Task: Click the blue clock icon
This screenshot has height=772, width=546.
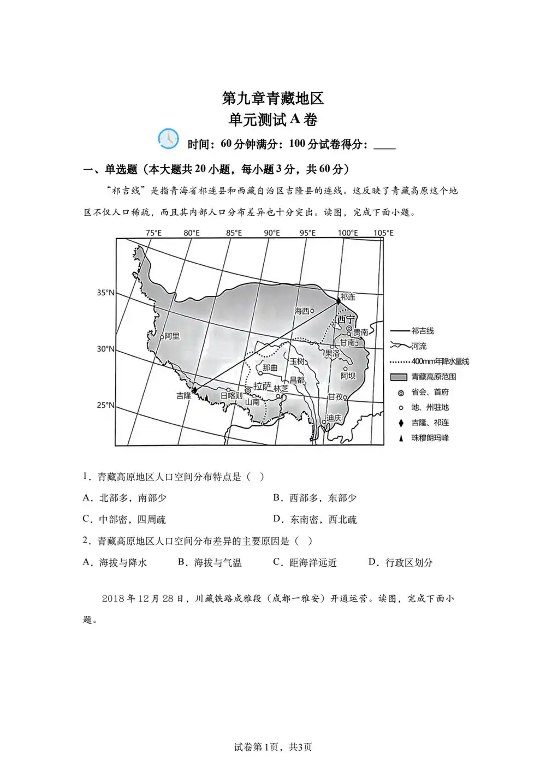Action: click(168, 139)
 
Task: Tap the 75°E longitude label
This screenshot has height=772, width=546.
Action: click(153, 233)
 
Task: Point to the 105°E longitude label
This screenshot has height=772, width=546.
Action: click(383, 233)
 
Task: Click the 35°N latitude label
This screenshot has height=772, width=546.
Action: click(106, 293)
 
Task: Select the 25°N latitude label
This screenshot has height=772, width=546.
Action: click(106, 405)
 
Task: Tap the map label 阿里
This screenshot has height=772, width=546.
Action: click(172, 336)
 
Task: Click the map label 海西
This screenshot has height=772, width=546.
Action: click(302, 311)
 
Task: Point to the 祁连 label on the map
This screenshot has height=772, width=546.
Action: click(348, 297)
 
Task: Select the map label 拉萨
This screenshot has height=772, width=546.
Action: click(262, 387)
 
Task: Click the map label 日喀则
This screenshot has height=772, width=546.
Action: click(232, 395)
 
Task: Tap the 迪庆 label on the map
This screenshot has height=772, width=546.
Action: click(334, 418)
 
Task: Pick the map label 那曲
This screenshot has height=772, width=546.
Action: click(270, 368)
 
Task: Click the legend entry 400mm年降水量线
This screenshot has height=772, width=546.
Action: click(440, 361)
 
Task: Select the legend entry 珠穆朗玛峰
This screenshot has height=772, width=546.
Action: click(430, 438)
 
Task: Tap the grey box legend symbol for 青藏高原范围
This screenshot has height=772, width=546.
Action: click(399, 377)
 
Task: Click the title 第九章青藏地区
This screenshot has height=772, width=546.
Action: click(273, 98)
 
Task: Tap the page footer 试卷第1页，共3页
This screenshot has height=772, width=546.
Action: click(273, 747)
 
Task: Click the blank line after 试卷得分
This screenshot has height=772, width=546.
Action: click(384, 145)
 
